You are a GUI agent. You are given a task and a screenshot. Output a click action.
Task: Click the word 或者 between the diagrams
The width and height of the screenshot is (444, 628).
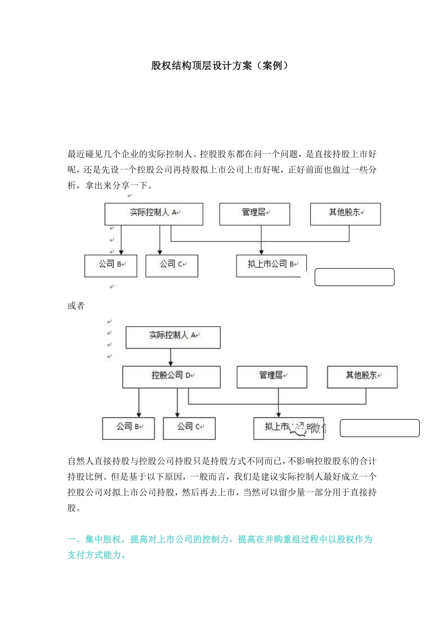point(76,306)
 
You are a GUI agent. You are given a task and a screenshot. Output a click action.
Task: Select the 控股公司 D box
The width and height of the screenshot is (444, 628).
point(171,377)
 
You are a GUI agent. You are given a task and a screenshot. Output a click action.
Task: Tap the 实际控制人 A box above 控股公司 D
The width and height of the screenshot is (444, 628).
point(173,337)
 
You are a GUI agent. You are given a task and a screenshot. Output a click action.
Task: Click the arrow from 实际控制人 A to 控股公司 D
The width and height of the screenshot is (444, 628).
point(171,357)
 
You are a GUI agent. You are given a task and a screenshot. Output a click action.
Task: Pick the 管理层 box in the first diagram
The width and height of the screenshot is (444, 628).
point(254,214)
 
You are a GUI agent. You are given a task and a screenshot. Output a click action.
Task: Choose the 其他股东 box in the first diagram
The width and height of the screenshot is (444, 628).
point(345,214)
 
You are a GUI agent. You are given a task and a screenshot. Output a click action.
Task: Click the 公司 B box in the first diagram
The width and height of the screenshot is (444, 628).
point(111,265)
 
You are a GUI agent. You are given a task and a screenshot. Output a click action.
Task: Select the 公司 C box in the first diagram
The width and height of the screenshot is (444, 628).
point(172,265)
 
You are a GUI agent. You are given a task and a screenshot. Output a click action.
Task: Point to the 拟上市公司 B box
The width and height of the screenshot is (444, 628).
point(271,265)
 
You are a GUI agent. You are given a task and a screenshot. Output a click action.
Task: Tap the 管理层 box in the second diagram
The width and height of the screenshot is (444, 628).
point(272,377)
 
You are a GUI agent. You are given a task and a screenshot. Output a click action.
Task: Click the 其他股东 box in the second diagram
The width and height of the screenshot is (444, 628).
point(362,377)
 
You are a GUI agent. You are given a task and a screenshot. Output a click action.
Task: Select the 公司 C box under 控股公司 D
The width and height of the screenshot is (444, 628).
point(189,428)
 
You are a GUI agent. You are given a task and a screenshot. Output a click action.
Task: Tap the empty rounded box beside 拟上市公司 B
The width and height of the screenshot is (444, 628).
point(354,277)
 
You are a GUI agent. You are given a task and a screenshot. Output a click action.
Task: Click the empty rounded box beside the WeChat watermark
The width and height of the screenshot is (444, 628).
point(379,428)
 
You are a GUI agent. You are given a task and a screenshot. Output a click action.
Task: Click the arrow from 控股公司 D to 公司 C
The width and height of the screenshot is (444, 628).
point(177,402)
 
